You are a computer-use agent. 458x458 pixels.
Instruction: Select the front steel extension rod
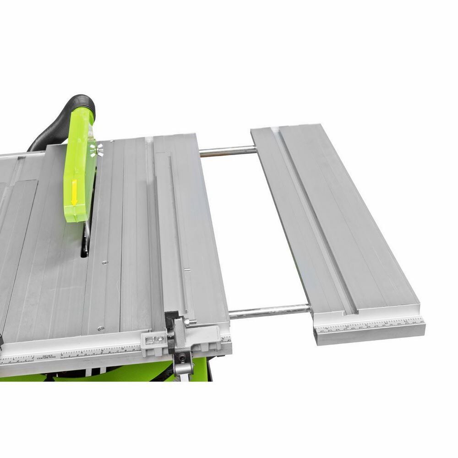[x=270, y=311]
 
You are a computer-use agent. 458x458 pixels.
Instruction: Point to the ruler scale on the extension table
[x=371, y=326]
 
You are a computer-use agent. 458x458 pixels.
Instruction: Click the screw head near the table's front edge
[x=100, y=328]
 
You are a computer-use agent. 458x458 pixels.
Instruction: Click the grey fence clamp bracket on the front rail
[x=153, y=341]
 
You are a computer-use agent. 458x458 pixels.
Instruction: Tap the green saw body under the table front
[x=114, y=372]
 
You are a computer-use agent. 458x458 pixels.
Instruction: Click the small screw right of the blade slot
[x=105, y=262]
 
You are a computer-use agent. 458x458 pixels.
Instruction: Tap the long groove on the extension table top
[x=316, y=220]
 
